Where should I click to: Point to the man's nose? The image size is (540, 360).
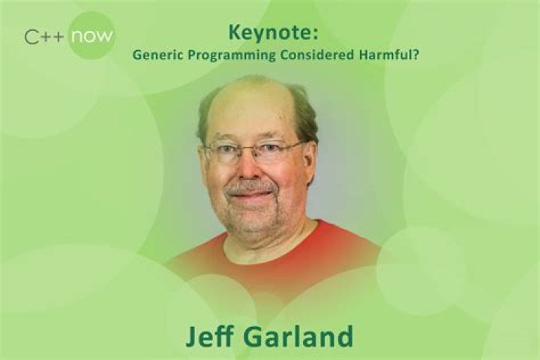[x=253, y=169]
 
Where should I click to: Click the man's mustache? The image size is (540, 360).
[x=251, y=185]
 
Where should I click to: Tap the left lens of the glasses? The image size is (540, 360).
[x=226, y=153]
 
